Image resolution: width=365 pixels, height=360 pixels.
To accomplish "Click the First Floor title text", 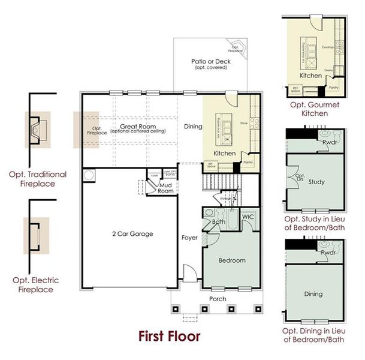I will [x=169, y=335].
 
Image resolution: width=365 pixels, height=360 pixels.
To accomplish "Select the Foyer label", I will [x=189, y=237].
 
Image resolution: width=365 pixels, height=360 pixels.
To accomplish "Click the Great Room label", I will [x=138, y=127].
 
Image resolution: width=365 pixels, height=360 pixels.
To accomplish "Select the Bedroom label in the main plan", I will [x=232, y=260].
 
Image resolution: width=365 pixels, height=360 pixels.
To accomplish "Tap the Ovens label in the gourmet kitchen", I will [x=328, y=70].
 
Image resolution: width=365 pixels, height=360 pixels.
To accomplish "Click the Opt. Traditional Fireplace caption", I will [x=38, y=179].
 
